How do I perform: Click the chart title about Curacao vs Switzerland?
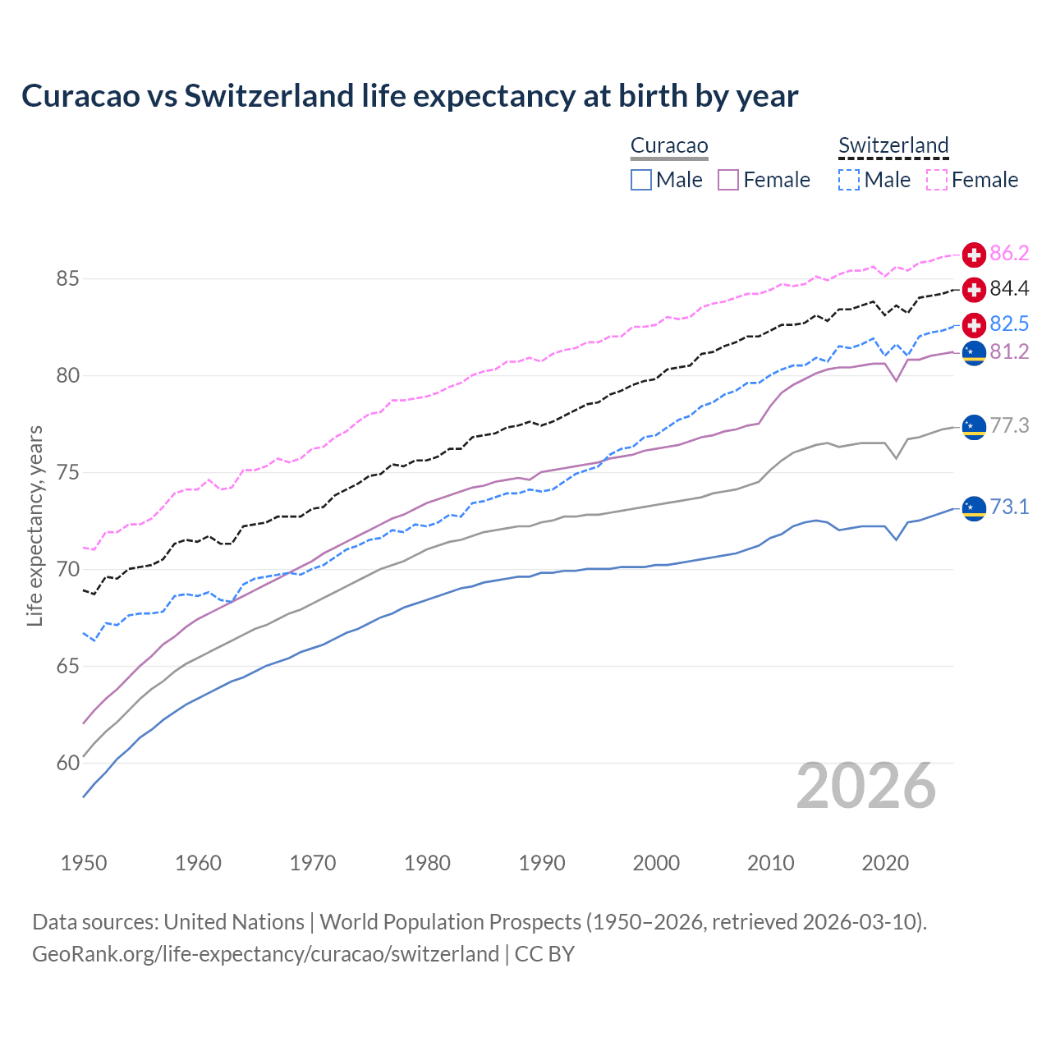pos(410,96)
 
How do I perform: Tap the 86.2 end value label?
pos(1009,254)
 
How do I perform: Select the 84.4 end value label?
pos(1009,289)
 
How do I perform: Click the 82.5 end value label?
pos(1009,324)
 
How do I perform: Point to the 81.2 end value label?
pos(1009,352)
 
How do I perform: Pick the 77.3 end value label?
pos(1009,425)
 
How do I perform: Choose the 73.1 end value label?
pos(1009,507)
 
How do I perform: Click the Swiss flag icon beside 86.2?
pos(974,255)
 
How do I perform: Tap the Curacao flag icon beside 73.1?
pos(974,508)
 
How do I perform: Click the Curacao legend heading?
pos(669,146)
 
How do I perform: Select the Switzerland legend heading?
pos(893,146)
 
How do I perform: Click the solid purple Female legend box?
pos(728,180)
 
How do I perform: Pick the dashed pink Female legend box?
pos(937,180)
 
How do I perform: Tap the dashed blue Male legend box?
pos(849,180)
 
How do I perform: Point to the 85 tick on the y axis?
pos(67,279)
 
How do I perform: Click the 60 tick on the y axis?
pos(67,764)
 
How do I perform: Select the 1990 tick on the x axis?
pos(542,863)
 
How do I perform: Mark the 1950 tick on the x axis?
pos(84,863)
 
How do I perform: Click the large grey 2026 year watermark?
pos(865,786)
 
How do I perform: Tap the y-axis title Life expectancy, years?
pos(34,525)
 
